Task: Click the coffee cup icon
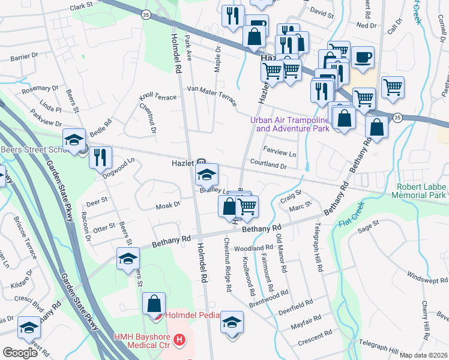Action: (362, 58)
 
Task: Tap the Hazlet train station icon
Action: (202, 163)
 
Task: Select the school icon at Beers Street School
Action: (73, 140)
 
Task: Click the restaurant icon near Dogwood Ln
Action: (100, 157)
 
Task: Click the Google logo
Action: (20, 353)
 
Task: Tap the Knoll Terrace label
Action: (158, 97)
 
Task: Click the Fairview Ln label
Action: (280, 154)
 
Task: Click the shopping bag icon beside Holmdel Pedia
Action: (154, 303)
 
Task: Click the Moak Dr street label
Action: (168, 205)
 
